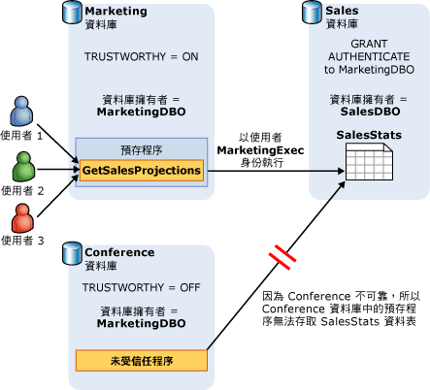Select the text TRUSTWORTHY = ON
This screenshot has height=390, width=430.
[141, 57]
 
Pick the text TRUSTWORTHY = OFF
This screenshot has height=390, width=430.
[141, 288]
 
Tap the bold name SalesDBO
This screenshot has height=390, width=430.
[366, 112]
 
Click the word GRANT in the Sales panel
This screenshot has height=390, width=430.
[366, 45]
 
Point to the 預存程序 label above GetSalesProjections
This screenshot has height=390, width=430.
[142, 149]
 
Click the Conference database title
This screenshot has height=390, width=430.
[119, 252]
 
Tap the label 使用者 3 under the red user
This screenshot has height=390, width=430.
[24, 240]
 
